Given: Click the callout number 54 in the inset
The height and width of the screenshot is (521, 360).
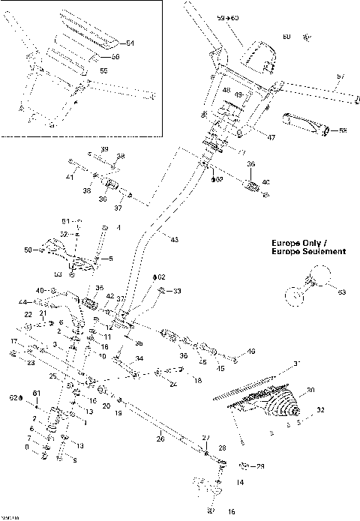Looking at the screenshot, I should click(130, 43).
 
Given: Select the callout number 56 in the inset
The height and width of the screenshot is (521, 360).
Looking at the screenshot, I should click(115, 57).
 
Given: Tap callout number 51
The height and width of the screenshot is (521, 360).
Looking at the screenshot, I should click(65, 221).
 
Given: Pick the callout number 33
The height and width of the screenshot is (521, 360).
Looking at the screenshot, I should click(178, 291).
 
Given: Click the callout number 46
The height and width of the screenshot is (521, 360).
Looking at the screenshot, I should click(251, 351).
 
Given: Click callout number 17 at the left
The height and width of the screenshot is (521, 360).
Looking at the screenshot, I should click(13, 341).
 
